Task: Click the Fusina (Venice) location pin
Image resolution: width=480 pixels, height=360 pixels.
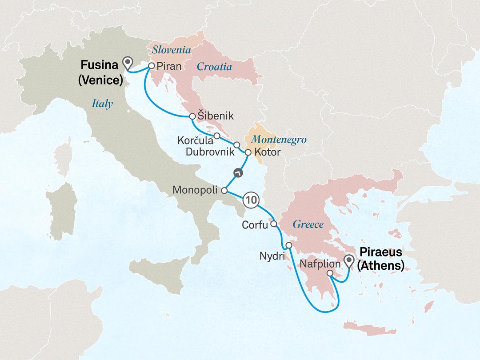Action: click(x=129, y=64)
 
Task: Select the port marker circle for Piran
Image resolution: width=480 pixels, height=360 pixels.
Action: click(x=151, y=65)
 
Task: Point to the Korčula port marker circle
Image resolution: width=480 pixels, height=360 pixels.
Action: click(x=216, y=135)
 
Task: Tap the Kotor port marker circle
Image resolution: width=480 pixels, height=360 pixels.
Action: click(x=248, y=152)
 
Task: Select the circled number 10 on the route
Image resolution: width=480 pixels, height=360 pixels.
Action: click(x=251, y=200)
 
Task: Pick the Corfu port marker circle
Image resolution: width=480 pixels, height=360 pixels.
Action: click(x=274, y=224)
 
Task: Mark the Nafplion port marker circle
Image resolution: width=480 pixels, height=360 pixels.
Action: click(x=330, y=273)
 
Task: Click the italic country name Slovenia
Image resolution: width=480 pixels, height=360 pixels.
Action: click(x=172, y=51)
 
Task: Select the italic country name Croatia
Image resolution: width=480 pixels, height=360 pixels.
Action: click(x=214, y=67)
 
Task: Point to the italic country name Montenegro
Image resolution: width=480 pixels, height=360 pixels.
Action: click(x=279, y=140)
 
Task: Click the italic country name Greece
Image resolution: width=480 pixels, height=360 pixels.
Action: click(x=308, y=224)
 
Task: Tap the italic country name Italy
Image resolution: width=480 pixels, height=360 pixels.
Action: click(x=102, y=104)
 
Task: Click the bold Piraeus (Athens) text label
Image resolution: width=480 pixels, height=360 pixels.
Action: click(x=381, y=259)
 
